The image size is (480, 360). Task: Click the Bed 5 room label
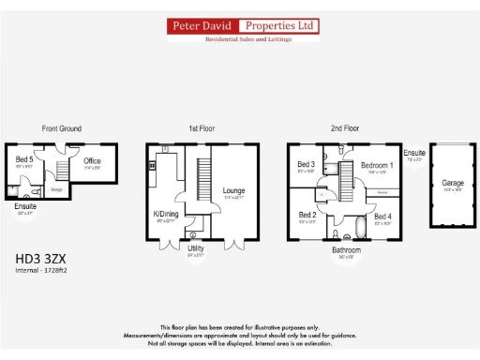click(x=24, y=159)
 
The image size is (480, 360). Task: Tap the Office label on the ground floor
click(x=92, y=161)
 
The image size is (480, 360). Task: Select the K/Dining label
click(x=165, y=214)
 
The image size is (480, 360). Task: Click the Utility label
click(x=195, y=249)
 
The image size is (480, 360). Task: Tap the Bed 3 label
click(x=306, y=165)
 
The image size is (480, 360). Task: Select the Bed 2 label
click(x=306, y=215)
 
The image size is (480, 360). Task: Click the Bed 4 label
click(x=383, y=217)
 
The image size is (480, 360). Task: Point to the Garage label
click(x=453, y=183)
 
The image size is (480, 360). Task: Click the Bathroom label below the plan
click(x=345, y=250)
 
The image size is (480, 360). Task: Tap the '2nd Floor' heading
click(x=344, y=128)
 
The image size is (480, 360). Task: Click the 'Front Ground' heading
click(x=61, y=128)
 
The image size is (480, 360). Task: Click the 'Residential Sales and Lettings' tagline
click(x=243, y=39)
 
